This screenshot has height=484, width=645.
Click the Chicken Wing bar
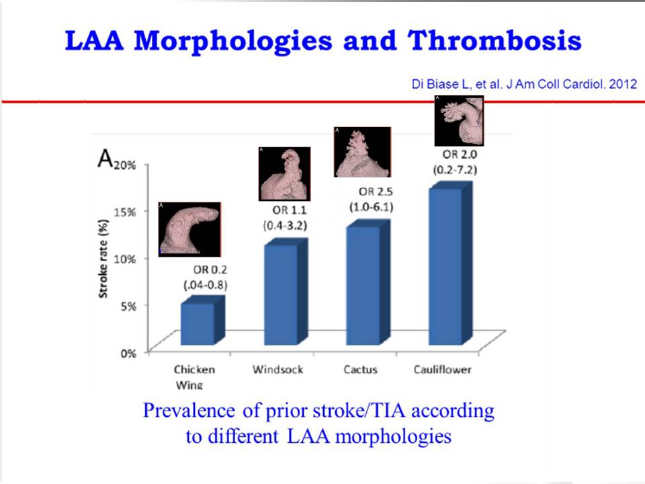[198, 325]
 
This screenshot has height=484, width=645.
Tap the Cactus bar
[363, 286]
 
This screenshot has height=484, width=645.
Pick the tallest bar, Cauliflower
[445, 267]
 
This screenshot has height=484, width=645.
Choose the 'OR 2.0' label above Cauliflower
[455, 155]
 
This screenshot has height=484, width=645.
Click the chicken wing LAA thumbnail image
[189, 229]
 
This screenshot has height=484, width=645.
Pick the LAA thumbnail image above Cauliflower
[459, 121]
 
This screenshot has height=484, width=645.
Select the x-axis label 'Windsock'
[277, 369]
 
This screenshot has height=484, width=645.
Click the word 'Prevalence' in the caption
[193, 410]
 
